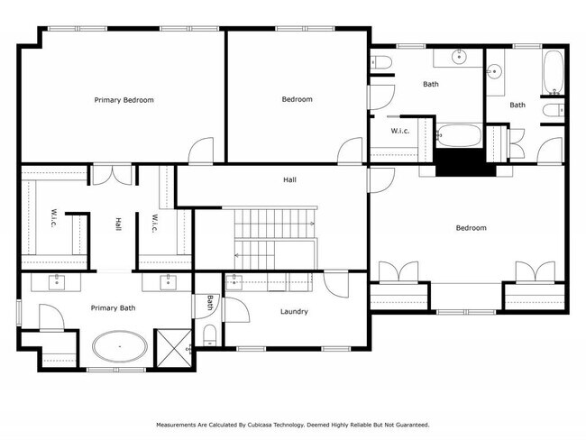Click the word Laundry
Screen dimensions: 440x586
coord(294,312)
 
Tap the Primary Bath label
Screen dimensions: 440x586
coord(114,308)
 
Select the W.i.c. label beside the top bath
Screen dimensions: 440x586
coord(401,131)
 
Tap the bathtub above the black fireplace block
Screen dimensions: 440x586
coord(459,137)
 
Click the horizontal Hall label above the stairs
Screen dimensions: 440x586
coord(289,179)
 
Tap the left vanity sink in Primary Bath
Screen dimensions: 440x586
coord(57,282)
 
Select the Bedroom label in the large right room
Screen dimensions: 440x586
coord(471,228)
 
